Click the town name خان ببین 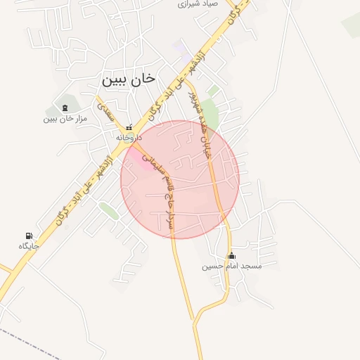pos(127,80)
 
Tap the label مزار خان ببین pos(65,119)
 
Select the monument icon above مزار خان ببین pos(65,108)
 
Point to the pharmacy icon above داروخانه pos(129,127)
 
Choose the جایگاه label pos(29,246)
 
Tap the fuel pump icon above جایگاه pos(29,236)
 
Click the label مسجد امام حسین pos(232,266)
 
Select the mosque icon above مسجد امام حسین pos(232,255)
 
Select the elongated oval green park pos(108,210)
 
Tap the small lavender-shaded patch pos(181,50)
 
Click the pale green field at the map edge pos(352,24)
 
